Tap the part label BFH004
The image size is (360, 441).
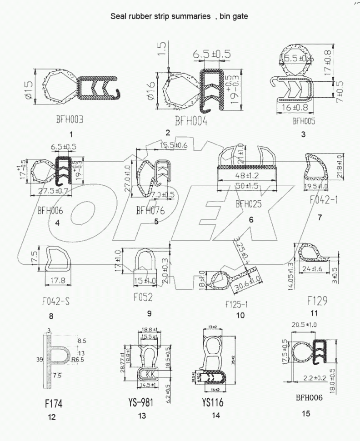tap(191, 122)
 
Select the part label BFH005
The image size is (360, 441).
tap(304, 121)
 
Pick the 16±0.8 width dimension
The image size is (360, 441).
tap(294, 108)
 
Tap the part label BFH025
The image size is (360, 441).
tap(249, 204)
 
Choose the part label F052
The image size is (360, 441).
tap(143, 297)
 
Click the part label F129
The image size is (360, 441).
tap(316, 301)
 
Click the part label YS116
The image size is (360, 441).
tap(211, 402)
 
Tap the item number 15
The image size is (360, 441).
tap(306, 413)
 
